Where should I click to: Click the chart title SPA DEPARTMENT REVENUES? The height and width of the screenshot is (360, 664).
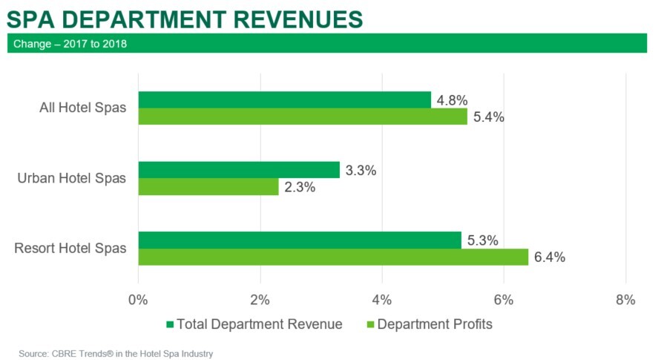coord(185,18)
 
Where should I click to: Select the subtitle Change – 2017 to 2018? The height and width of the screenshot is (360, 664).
coord(70,44)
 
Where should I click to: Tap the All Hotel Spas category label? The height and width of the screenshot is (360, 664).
coord(82,108)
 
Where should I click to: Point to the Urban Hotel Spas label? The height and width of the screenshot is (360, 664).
coord(72,178)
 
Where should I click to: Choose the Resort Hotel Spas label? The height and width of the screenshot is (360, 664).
coord(70,248)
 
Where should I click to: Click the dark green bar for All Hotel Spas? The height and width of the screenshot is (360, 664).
coord(284,99)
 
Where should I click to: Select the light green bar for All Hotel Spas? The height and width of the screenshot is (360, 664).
coord(303,117)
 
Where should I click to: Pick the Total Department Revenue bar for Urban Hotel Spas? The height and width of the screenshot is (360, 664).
coord(239,170)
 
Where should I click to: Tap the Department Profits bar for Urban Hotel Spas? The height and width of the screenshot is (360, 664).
coord(208,187)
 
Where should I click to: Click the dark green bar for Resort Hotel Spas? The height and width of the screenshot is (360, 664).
coord(300,240)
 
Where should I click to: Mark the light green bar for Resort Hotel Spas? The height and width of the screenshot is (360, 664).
coord(333,257)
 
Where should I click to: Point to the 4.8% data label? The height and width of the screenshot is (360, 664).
coord(452,99)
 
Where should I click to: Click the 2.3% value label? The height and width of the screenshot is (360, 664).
coord(300,188)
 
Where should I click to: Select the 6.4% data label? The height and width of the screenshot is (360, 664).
coord(550,258)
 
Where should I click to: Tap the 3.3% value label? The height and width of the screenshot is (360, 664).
coord(361,171)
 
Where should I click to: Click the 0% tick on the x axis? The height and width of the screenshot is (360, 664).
coord(138,300)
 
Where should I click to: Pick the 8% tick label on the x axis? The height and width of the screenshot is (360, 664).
coord(625,300)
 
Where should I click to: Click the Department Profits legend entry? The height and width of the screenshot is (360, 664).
coord(430,324)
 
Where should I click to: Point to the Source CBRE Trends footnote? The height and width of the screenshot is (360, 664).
coord(116,353)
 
